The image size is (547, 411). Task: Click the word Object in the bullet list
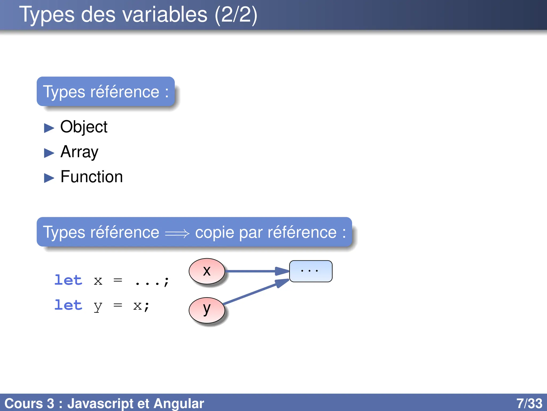[x=84, y=127]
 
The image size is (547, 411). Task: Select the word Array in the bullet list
[x=79, y=152]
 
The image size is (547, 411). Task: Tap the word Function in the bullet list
[x=92, y=177]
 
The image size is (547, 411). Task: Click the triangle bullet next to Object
[x=49, y=128]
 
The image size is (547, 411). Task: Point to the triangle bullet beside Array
[x=49, y=153]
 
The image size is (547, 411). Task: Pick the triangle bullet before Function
[x=49, y=178]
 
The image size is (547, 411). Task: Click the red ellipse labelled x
[x=207, y=271]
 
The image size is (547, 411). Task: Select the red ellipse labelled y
[x=207, y=310]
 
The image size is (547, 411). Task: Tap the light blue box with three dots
[x=311, y=271]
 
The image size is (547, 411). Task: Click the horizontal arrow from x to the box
[x=254, y=271]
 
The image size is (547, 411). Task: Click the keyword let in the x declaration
[x=68, y=280]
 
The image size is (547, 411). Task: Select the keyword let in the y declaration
[x=68, y=305]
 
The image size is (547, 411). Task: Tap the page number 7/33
[x=529, y=403]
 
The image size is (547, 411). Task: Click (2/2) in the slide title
[x=236, y=14]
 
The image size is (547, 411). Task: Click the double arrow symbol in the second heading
[x=177, y=233]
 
